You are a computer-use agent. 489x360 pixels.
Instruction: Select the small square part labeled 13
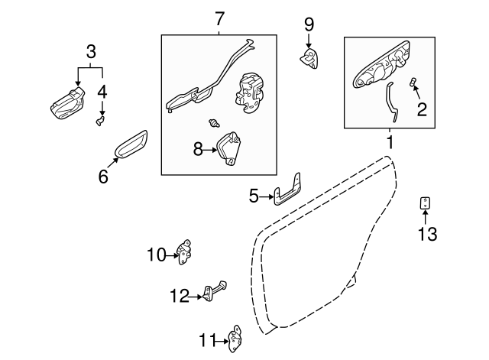tap(426, 203)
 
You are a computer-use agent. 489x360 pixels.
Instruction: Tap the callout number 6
tap(103, 177)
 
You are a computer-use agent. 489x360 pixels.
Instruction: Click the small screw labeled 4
tap(99, 120)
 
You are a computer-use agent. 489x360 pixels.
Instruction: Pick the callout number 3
tap(91, 53)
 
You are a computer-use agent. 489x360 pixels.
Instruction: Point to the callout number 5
tap(254, 196)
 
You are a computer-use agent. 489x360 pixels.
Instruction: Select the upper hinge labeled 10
tap(184, 250)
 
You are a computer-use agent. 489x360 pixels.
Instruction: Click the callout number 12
tap(178, 296)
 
